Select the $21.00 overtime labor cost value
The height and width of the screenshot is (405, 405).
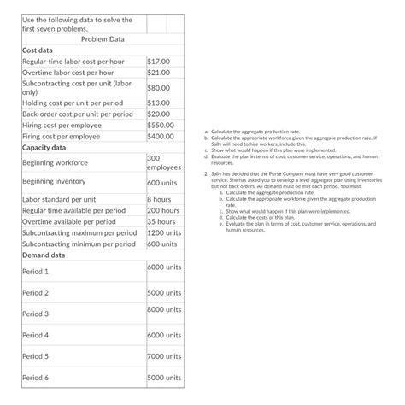[x=160, y=74]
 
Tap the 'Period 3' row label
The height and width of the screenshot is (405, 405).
[x=37, y=314]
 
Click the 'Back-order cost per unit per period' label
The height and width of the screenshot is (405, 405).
[x=77, y=114]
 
